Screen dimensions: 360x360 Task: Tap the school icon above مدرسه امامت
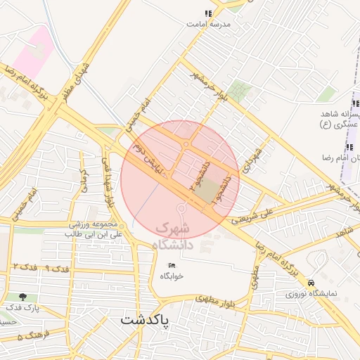coord(207,13)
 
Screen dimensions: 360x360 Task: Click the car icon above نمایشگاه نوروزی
coord(311,281)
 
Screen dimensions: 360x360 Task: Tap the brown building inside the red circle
coord(207,188)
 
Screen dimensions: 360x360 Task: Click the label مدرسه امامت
coord(208,24)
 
